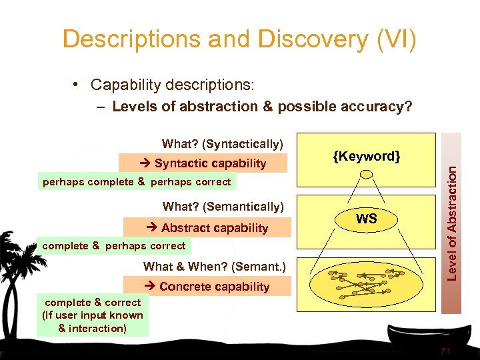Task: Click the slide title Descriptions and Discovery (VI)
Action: tap(239, 39)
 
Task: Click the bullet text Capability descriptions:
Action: tap(172, 85)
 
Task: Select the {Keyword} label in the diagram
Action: tap(366, 157)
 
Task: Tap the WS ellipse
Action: tap(366, 219)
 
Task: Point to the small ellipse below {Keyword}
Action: tap(366, 175)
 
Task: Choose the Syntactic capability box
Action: tap(203, 163)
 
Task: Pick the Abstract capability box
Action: tap(205, 228)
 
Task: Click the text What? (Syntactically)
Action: tap(223, 144)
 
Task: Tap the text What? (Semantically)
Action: tap(223, 207)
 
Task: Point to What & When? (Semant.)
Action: tap(214, 267)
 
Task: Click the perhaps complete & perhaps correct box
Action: tap(136, 181)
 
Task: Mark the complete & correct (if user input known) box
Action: tap(92, 315)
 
